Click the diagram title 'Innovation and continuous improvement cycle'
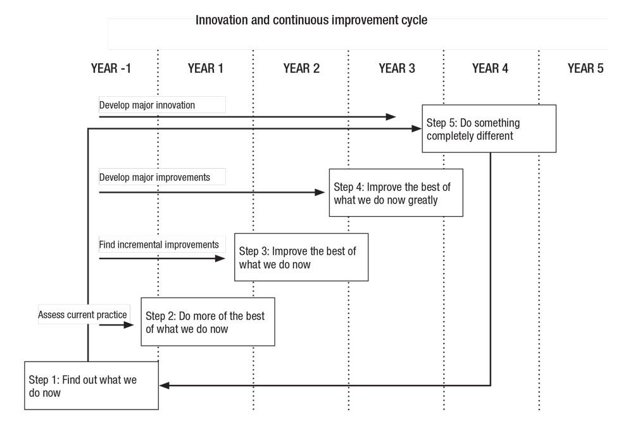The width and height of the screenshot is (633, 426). coord(311,20)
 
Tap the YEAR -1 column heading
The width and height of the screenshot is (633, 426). coord(111,68)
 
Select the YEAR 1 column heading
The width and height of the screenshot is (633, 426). coord(206,68)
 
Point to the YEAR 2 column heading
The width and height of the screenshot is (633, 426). coord(301,68)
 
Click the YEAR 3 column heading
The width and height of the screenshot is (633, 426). coord(397,68)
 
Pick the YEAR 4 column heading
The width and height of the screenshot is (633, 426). coord(490,68)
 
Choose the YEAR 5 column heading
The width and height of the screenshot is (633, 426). coord(586,68)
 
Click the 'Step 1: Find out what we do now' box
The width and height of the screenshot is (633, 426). coord(92,386)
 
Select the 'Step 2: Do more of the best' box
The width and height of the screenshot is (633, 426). coord(208,322)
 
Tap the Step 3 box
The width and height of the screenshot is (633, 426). coord(301,257)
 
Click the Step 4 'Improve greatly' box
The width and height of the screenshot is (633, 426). coord(396,193)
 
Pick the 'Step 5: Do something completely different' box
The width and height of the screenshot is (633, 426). coord(489,128)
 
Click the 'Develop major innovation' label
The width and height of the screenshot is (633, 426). coord(147,105)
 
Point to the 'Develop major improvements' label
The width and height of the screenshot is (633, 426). coord(154,178)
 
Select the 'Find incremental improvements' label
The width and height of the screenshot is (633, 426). coord(159,245)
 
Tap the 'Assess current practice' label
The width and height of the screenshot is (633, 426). coord(82,315)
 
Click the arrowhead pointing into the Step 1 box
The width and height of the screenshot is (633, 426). coord(165,386)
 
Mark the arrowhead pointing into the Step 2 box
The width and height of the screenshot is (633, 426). coord(128,325)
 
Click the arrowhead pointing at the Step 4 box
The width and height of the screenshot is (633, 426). coord(320,193)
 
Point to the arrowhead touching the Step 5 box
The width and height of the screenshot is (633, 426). coord(417,128)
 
